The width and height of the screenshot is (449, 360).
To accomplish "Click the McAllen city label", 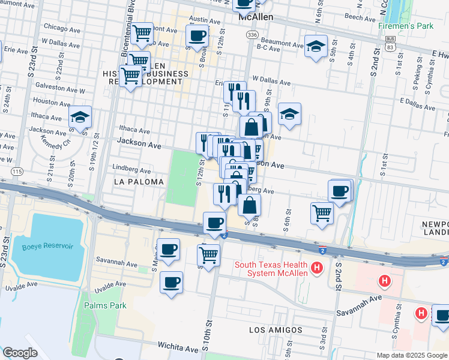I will click(256, 17).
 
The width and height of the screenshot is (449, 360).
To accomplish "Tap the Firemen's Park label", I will click(406, 26).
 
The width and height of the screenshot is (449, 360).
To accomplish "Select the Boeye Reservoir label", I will click(47, 247).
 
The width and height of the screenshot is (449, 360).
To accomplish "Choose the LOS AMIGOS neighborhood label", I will click(275, 330).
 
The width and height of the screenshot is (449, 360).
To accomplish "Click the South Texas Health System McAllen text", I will click(271, 269).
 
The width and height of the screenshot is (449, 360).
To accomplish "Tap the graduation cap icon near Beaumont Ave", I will click(315, 47).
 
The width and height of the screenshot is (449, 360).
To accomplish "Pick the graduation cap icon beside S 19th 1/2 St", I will click(80, 118).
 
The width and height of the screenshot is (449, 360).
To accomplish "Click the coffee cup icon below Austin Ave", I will click(197, 35).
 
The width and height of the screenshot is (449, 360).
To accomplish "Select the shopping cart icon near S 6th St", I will click(322, 212).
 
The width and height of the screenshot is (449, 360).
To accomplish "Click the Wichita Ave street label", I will click(178, 347).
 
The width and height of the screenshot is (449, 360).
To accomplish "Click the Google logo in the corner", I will click(20, 353).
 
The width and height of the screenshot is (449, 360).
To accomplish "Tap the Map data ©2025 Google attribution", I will click(411, 355).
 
